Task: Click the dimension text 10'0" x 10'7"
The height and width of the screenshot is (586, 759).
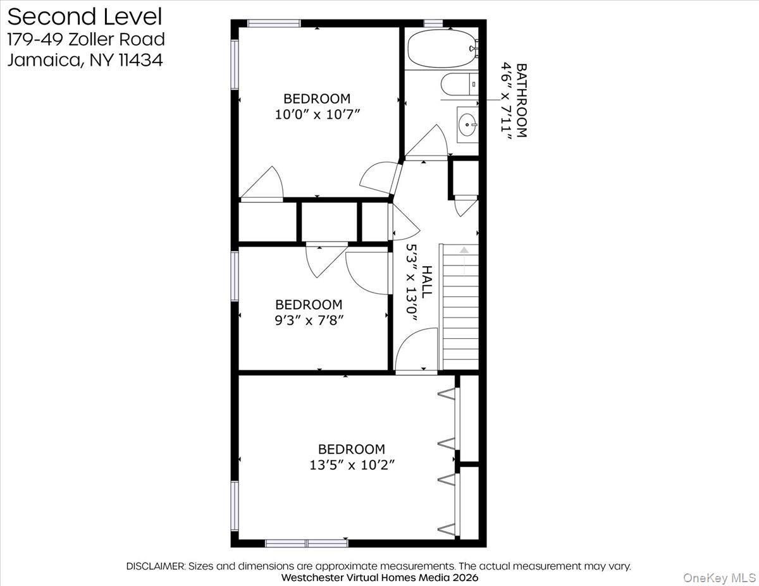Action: pyautogui.click(x=316, y=114)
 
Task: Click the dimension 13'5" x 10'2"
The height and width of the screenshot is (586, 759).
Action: pyautogui.click(x=352, y=465)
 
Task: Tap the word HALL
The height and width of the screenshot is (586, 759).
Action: pyautogui.click(x=428, y=282)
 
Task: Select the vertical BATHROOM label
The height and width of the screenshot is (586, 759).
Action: pyautogui.click(x=521, y=99)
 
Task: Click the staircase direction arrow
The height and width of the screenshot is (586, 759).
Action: pyautogui.click(x=464, y=251)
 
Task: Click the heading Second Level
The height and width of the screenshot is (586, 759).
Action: pyautogui.click(x=85, y=16)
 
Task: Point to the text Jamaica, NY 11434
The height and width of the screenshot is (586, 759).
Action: pyautogui.click(x=85, y=60)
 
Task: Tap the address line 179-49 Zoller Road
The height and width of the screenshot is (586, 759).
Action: pyautogui.click(x=86, y=39)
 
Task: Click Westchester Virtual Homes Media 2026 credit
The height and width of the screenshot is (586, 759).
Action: pyautogui.click(x=379, y=577)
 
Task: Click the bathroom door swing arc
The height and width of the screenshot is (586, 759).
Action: pyautogui.click(x=430, y=140)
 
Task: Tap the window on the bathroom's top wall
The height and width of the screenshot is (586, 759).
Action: pyautogui.click(x=433, y=23)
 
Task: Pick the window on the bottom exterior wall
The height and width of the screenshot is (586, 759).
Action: pyautogui.click(x=306, y=543)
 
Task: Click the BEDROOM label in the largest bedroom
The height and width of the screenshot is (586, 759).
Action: pyautogui.click(x=351, y=449)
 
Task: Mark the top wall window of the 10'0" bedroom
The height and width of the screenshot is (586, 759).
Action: pyautogui.click(x=273, y=23)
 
